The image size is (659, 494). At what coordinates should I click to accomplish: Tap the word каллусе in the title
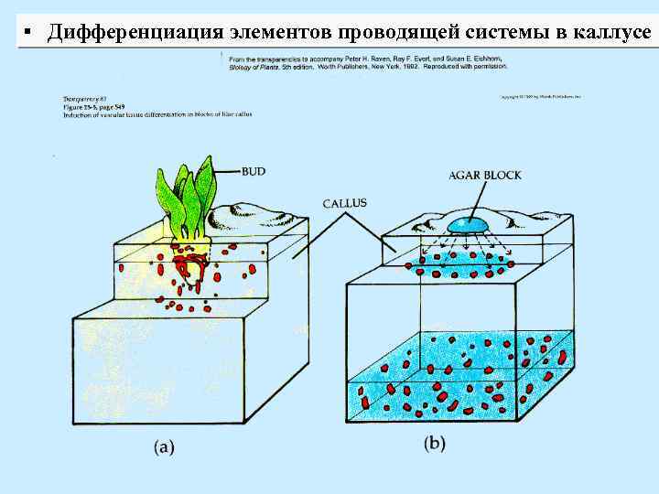[x=612, y=33]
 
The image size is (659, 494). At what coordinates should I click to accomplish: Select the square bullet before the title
[x=28, y=33]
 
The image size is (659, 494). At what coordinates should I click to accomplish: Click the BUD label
[x=253, y=170]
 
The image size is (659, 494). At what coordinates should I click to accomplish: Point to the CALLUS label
[x=345, y=203]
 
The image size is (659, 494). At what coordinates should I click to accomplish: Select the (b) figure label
[x=436, y=444]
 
